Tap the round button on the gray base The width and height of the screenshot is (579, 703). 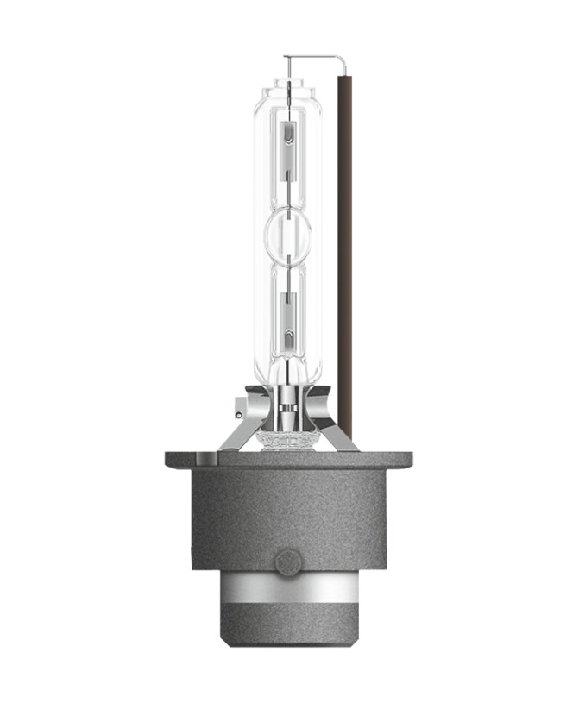point(287,562)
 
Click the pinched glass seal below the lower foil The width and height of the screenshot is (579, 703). point(288,362)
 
